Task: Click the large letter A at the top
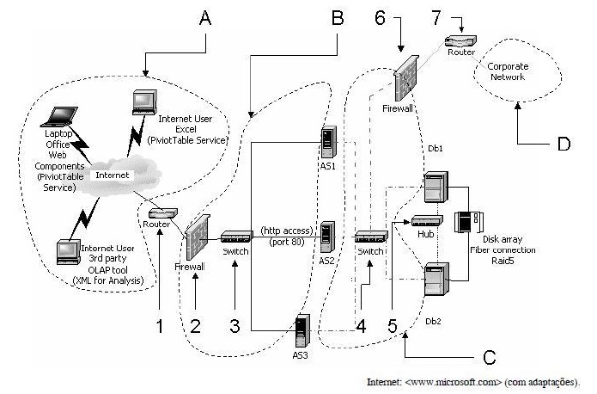[205, 18]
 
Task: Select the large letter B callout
[338, 18]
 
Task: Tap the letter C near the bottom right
[490, 357]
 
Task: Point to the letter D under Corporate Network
[563, 145]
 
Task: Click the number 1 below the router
[160, 327]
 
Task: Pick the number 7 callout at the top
[436, 17]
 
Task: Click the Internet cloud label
[112, 175]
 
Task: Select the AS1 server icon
[328, 143]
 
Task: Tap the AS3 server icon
[302, 330]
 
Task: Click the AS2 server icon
[327, 237]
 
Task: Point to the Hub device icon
[427, 221]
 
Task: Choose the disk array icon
[468, 222]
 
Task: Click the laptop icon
[60, 116]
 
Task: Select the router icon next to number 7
[460, 40]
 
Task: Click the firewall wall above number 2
[198, 237]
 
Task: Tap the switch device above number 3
[236, 237]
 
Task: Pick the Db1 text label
[436, 148]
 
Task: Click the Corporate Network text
[508, 71]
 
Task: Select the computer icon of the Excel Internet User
[144, 102]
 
